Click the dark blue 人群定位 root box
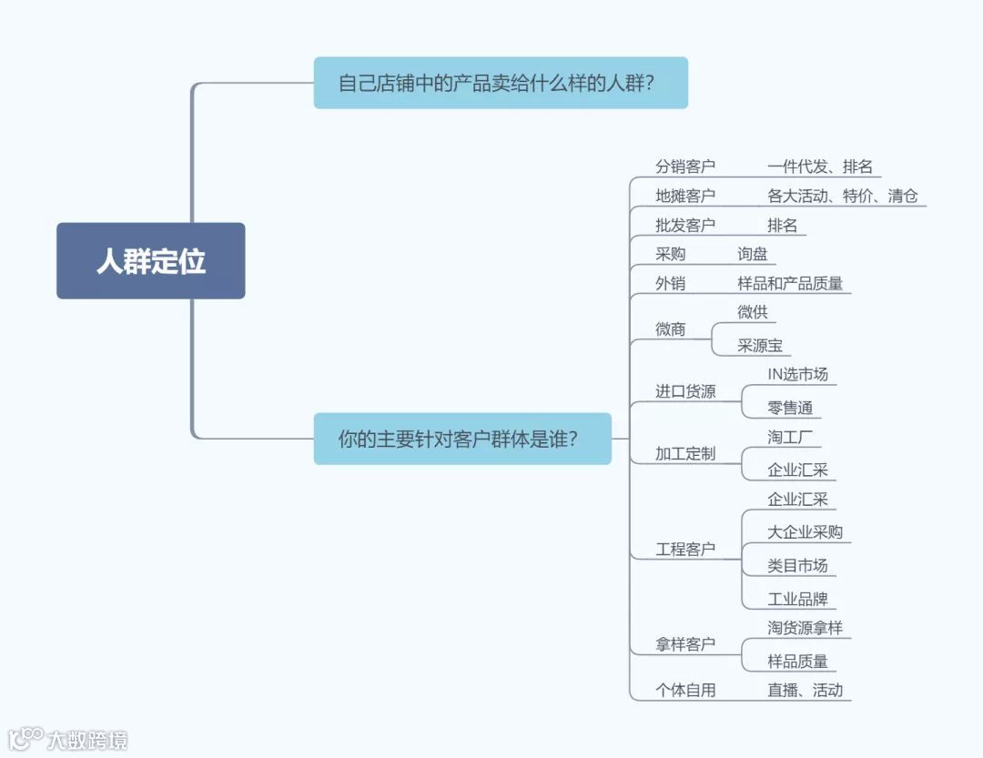point(151,261)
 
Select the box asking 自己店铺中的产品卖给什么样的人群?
point(501,83)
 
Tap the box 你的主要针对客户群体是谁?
point(462,439)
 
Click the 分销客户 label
point(685,167)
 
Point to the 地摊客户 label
point(685,196)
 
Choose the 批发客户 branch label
point(685,225)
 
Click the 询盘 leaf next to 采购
point(753,254)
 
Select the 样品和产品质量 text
point(790,283)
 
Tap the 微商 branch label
point(671,329)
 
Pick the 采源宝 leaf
point(760,346)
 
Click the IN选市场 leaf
point(798,374)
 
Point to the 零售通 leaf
point(790,408)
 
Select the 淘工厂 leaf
point(790,437)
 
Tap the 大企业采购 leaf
point(806,532)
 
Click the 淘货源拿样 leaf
point(806,628)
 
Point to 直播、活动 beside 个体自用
point(806,690)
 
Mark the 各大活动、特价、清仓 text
point(843,196)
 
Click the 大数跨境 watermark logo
point(68,738)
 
